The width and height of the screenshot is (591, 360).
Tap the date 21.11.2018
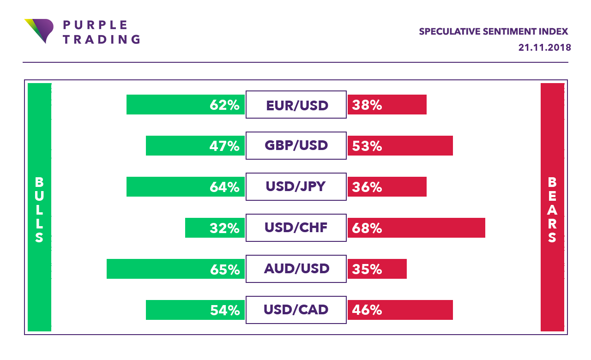pos(545,48)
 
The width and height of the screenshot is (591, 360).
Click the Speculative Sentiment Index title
pos(493,32)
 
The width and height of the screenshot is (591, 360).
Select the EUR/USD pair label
pos(297,105)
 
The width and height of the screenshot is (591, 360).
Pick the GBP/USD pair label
pos(296,146)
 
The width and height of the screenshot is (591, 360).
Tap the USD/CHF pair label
pos(296,228)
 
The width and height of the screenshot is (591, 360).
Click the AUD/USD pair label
pos(296,269)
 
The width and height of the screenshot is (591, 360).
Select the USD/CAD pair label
pos(296,310)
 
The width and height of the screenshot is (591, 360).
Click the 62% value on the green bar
pos(225,105)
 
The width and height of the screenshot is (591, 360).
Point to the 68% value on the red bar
pos(367,228)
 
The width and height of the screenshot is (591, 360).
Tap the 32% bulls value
pos(225,228)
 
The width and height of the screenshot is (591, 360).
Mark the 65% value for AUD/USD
pos(225,269)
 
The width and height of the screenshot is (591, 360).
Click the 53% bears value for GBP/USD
pos(367,146)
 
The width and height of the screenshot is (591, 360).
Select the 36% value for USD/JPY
pos(367,187)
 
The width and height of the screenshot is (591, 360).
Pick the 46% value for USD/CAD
pos(367,310)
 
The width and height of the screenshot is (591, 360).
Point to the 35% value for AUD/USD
pos(367,269)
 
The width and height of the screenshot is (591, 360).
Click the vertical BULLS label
pos(39,210)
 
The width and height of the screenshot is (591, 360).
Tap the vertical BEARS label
pos(552,210)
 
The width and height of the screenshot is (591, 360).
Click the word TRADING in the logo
pos(101,39)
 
